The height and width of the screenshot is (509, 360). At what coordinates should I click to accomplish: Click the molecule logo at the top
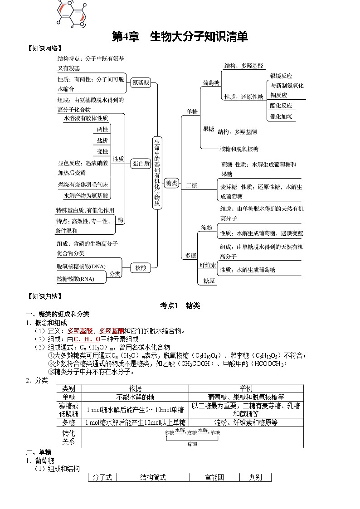click(x=72, y=13)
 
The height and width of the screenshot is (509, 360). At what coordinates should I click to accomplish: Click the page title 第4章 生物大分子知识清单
click(x=180, y=37)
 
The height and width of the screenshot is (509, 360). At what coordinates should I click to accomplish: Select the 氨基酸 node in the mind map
click(x=140, y=83)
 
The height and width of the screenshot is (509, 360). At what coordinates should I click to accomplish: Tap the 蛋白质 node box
click(x=141, y=164)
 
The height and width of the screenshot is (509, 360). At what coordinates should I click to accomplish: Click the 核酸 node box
click(x=141, y=268)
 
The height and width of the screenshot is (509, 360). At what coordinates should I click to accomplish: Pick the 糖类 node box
click(x=171, y=183)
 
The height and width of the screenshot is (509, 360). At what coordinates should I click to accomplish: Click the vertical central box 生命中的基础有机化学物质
click(x=157, y=172)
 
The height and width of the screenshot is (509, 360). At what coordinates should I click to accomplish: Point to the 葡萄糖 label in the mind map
click(x=211, y=83)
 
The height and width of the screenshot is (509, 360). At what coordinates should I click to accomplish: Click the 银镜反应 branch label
click(x=281, y=76)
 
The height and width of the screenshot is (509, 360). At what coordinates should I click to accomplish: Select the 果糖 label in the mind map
click(x=208, y=129)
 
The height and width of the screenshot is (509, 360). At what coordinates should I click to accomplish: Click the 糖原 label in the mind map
click(x=209, y=281)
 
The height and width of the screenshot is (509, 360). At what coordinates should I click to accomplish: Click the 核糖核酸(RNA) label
click(x=75, y=279)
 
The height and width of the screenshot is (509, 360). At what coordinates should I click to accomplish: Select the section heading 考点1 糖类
click(x=180, y=305)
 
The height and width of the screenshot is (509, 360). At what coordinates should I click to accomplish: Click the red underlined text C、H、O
click(x=87, y=339)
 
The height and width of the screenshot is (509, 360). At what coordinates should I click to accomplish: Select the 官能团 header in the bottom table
click(x=214, y=477)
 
